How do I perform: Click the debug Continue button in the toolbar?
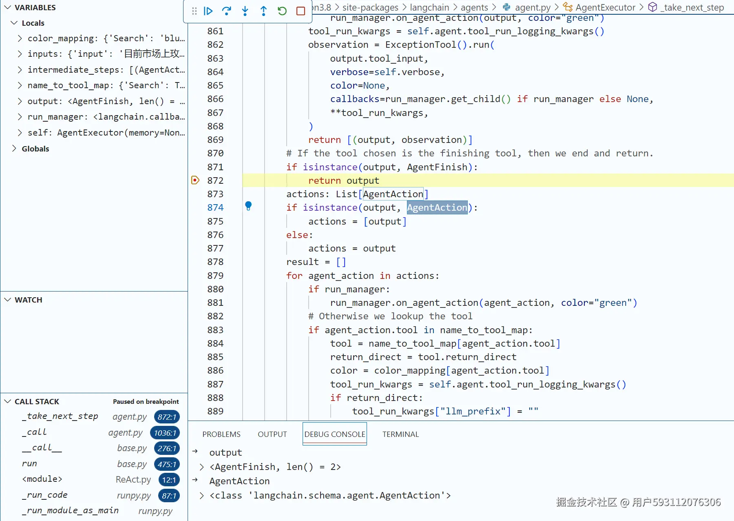tap(208, 11)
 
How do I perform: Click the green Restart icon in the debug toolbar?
tap(282, 11)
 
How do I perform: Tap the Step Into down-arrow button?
tap(245, 11)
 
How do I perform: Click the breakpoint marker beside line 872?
tap(195, 180)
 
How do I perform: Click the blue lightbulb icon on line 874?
tap(248, 206)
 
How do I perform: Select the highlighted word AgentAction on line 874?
tap(437, 208)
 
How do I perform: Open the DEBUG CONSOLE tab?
tap(335, 434)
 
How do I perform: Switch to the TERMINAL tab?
tap(400, 434)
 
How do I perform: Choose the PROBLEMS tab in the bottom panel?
tap(221, 434)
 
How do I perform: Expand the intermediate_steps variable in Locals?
tap(20, 70)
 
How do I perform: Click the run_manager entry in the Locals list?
tap(106, 117)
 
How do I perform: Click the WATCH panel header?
tap(29, 300)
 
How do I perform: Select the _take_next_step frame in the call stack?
tap(60, 416)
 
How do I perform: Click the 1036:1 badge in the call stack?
tap(165, 433)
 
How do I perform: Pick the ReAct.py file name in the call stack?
tap(133, 479)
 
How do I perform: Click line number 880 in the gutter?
tap(215, 289)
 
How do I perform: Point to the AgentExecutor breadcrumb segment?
tap(605, 7)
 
